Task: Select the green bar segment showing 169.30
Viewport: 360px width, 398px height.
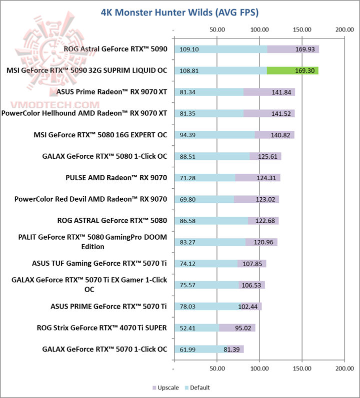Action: click(x=292, y=70)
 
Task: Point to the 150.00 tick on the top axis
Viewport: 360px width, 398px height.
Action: click(x=301, y=29)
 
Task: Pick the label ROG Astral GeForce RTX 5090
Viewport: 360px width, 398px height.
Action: click(x=115, y=49)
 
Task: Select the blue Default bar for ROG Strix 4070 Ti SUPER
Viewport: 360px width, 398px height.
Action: click(x=196, y=328)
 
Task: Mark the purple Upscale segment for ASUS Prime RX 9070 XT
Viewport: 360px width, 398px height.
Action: click(x=269, y=92)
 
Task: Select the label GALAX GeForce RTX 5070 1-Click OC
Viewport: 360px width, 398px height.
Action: click(x=104, y=349)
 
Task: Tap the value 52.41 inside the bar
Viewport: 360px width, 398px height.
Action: click(x=189, y=328)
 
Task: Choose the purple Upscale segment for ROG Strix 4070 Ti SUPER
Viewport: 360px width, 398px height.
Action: click(x=237, y=328)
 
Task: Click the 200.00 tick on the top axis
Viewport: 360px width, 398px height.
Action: click(x=344, y=29)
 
